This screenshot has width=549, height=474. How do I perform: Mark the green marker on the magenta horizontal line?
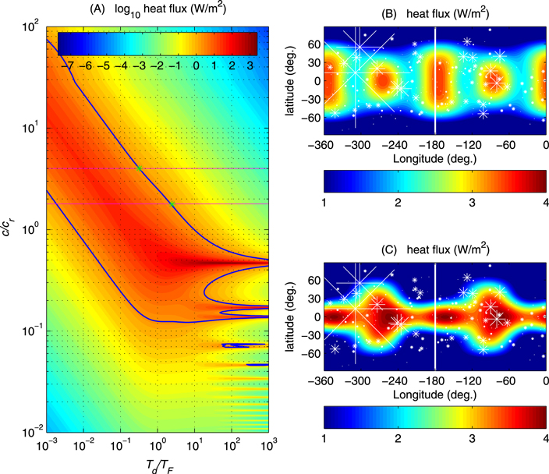[140, 168]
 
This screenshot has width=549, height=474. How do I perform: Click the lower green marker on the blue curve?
[172, 204]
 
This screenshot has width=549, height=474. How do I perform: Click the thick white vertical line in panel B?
[435, 78]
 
